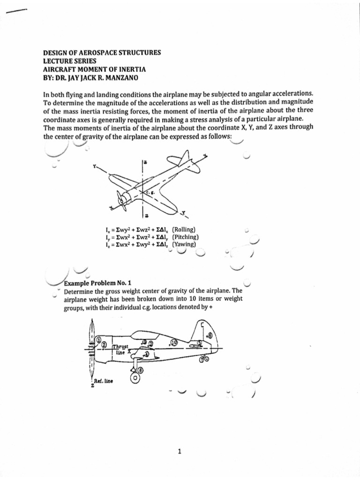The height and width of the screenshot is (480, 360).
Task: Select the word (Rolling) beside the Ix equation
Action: tap(184, 229)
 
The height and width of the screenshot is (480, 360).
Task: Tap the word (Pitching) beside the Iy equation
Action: tap(186, 237)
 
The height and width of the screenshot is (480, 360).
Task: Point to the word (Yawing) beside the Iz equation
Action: tap(184, 244)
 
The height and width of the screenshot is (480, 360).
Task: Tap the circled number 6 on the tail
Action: tap(209, 335)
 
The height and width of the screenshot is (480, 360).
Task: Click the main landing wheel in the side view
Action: tap(136, 377)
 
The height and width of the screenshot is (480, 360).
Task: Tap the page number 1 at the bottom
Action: tap(180, 452)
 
